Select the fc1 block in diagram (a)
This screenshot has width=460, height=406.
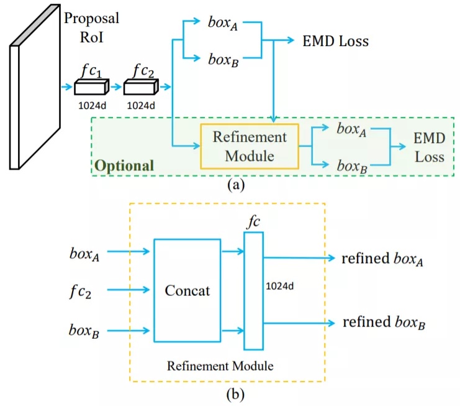click(x=91, y=88)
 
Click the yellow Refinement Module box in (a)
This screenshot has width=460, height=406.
click(x=249, y=146)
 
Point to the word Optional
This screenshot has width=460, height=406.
click(x=124, y=166)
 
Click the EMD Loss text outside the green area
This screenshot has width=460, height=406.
click(x=335, y=42)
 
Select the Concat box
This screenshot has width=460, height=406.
click(x=187, y=290)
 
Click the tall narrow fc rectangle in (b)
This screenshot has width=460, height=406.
click(x=253, y=290)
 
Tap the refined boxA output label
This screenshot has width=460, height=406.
click(x=382, y=258)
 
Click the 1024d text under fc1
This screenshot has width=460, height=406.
click(x=91, y=106)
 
